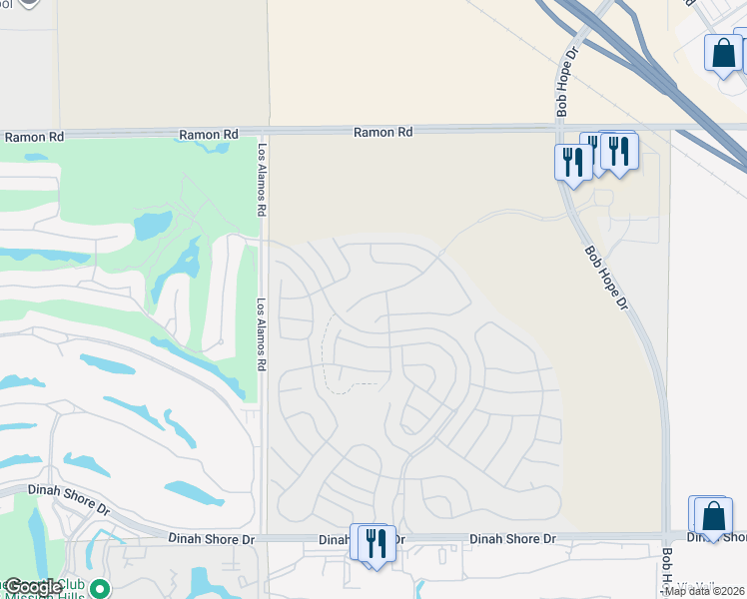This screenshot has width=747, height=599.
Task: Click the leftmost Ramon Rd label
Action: (x=34, y=136)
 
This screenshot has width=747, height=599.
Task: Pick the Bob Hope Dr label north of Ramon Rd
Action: (x=566, y=79)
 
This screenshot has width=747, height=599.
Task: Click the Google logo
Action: (x=33, y=586)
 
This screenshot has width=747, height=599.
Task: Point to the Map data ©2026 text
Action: (x=705, y=590)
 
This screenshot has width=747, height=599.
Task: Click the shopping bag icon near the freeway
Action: (x=723, y=52)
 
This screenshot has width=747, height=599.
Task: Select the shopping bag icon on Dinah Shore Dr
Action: (x=713, y=516)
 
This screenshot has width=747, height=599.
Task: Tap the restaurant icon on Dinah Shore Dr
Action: (x=375, y=543)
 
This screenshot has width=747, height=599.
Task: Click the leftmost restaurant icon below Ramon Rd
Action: (x=572, y=161)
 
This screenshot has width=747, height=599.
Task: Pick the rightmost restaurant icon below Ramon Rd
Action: (x=620, y=150)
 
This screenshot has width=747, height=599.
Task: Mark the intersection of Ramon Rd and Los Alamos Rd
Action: (x=263, y=131)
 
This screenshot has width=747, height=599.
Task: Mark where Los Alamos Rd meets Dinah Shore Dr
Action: (x=263, y=537)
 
